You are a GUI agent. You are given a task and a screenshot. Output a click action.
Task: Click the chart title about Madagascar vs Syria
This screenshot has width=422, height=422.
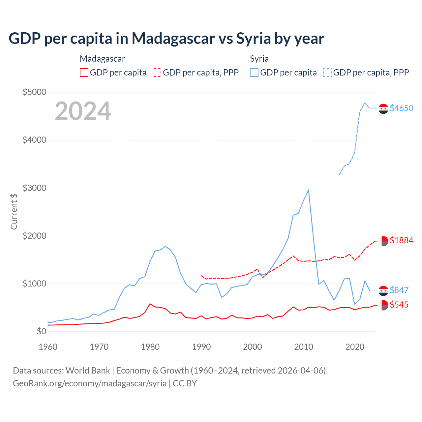(x=166, y=39)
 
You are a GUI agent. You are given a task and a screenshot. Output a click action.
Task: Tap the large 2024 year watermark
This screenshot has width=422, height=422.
(x=83, y=111)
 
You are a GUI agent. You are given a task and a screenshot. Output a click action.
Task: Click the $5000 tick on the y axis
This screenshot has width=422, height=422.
(x=34, y=92)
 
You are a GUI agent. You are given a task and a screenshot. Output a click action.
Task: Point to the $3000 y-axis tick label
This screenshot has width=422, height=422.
(x=34, y=188)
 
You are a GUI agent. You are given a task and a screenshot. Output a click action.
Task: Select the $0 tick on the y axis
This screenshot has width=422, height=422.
(x=41, y=331)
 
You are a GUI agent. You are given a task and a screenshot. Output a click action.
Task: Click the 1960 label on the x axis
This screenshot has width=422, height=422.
(x=48, y=347)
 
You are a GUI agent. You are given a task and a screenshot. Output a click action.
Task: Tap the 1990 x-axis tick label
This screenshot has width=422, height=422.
(x=201, y=347)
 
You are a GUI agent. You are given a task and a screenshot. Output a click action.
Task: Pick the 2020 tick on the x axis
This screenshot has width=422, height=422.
(x=355, y=347)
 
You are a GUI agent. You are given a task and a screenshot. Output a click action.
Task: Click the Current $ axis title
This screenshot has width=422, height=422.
(x=14, y=211)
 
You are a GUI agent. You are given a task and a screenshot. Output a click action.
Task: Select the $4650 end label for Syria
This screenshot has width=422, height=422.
(x=401, y=108)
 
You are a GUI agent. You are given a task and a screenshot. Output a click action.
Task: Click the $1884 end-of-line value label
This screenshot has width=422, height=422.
(x=401, y=240)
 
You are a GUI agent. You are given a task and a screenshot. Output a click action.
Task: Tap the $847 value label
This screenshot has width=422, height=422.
(x=399, y=290)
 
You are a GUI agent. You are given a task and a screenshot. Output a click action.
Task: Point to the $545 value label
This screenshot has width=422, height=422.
(x=399, y=305)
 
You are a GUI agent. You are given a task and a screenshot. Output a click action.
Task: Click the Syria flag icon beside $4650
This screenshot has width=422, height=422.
(x=383, y=108)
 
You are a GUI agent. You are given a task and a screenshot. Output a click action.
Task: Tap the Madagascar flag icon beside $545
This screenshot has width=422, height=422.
(x=383, y=305)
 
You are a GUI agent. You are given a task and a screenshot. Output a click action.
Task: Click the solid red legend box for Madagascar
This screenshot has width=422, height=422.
(x=84, y=73)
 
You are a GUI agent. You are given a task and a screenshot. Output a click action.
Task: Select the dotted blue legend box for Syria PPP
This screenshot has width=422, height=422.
(x=327, y=73)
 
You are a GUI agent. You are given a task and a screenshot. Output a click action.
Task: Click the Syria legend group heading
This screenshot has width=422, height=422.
(x=259, y=59)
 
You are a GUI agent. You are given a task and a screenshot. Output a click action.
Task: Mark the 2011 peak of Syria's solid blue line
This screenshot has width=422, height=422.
(x=308, y=190)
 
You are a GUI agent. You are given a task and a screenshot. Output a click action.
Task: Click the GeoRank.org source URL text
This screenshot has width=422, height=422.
(x=90, y=383)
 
